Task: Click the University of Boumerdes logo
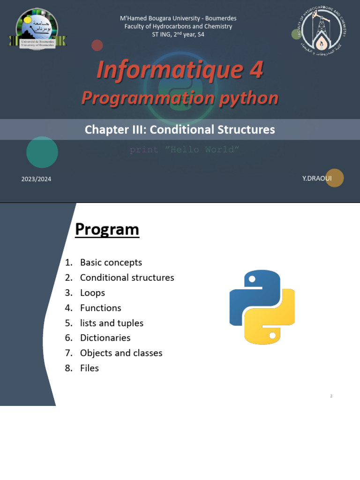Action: (x=37, y=29)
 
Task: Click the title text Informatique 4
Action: (x=180, y=70)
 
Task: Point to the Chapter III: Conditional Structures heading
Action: (x=180, y=129)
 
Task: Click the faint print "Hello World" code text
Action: (x=185, y=150)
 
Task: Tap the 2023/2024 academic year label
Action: (x=36, y=179)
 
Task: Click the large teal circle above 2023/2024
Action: (x=42, y=152)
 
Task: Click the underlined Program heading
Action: (x=107, y=230)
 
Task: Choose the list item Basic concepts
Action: (x=111, y=262)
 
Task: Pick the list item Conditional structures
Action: (x=127, y=277)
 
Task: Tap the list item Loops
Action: (x=92, y=292)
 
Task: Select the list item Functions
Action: (x=100, y=308)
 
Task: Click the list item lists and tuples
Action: (x=112, y=323)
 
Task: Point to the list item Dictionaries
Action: (x=105, y=337)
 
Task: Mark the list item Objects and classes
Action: (x=121, y=353)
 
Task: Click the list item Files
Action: (x=89, y=368)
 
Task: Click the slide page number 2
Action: (x=331, y=396)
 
